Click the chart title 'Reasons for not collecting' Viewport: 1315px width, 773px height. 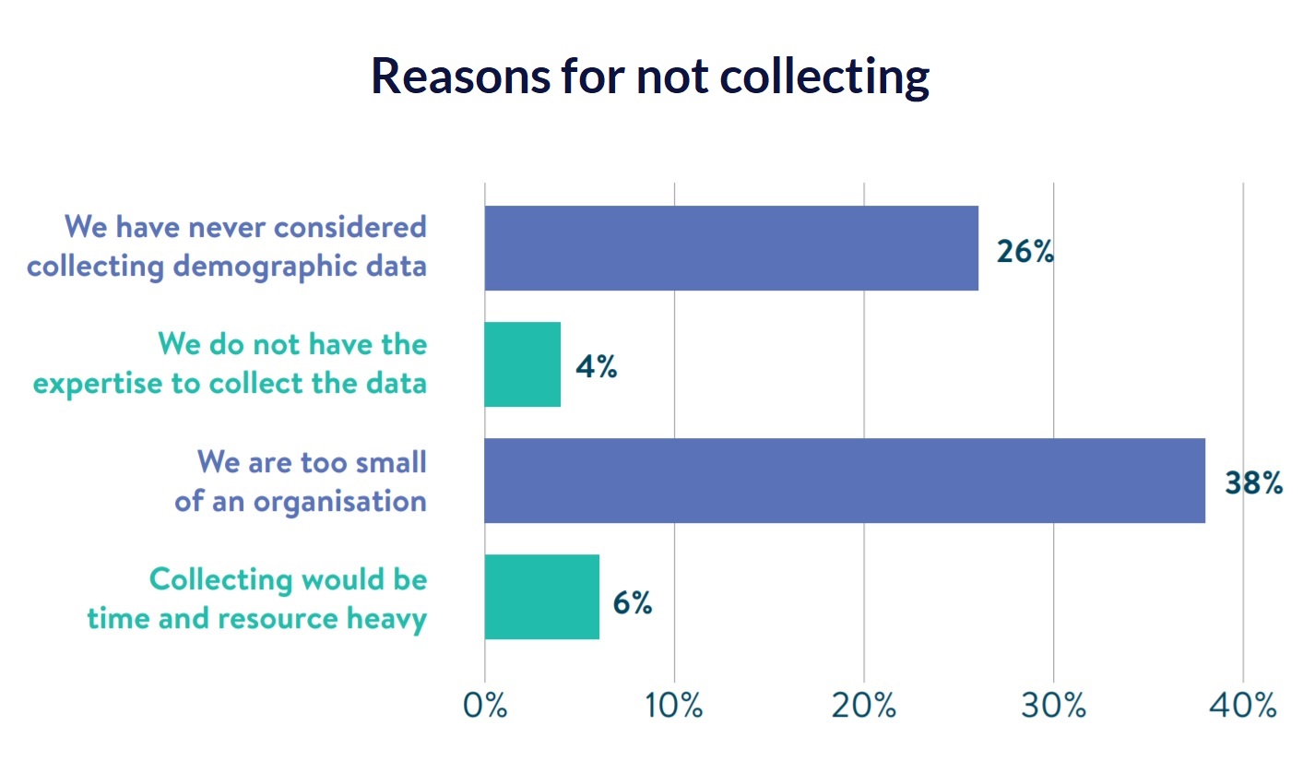tap(650, 76)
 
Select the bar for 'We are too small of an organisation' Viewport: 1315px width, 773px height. tap(844, 481)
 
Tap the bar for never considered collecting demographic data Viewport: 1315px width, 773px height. tap(730, 248)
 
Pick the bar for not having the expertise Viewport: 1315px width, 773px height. tap(522, 364)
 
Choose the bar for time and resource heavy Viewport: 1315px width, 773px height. tap(541, 597)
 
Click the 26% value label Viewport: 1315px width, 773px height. tap(1025, 251)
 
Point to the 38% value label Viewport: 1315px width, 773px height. tap(1253, 483)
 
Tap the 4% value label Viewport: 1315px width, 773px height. tap(596, 367)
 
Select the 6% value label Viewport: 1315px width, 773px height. tap(633, 602)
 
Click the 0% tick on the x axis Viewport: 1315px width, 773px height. tap(485, 706)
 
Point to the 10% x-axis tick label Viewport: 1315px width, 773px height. tap(674, 706)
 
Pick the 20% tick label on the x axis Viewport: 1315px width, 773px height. tap(864, 706)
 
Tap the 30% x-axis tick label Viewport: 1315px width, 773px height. tap(1053, 706)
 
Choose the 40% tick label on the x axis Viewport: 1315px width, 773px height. tap(1243, 706)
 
